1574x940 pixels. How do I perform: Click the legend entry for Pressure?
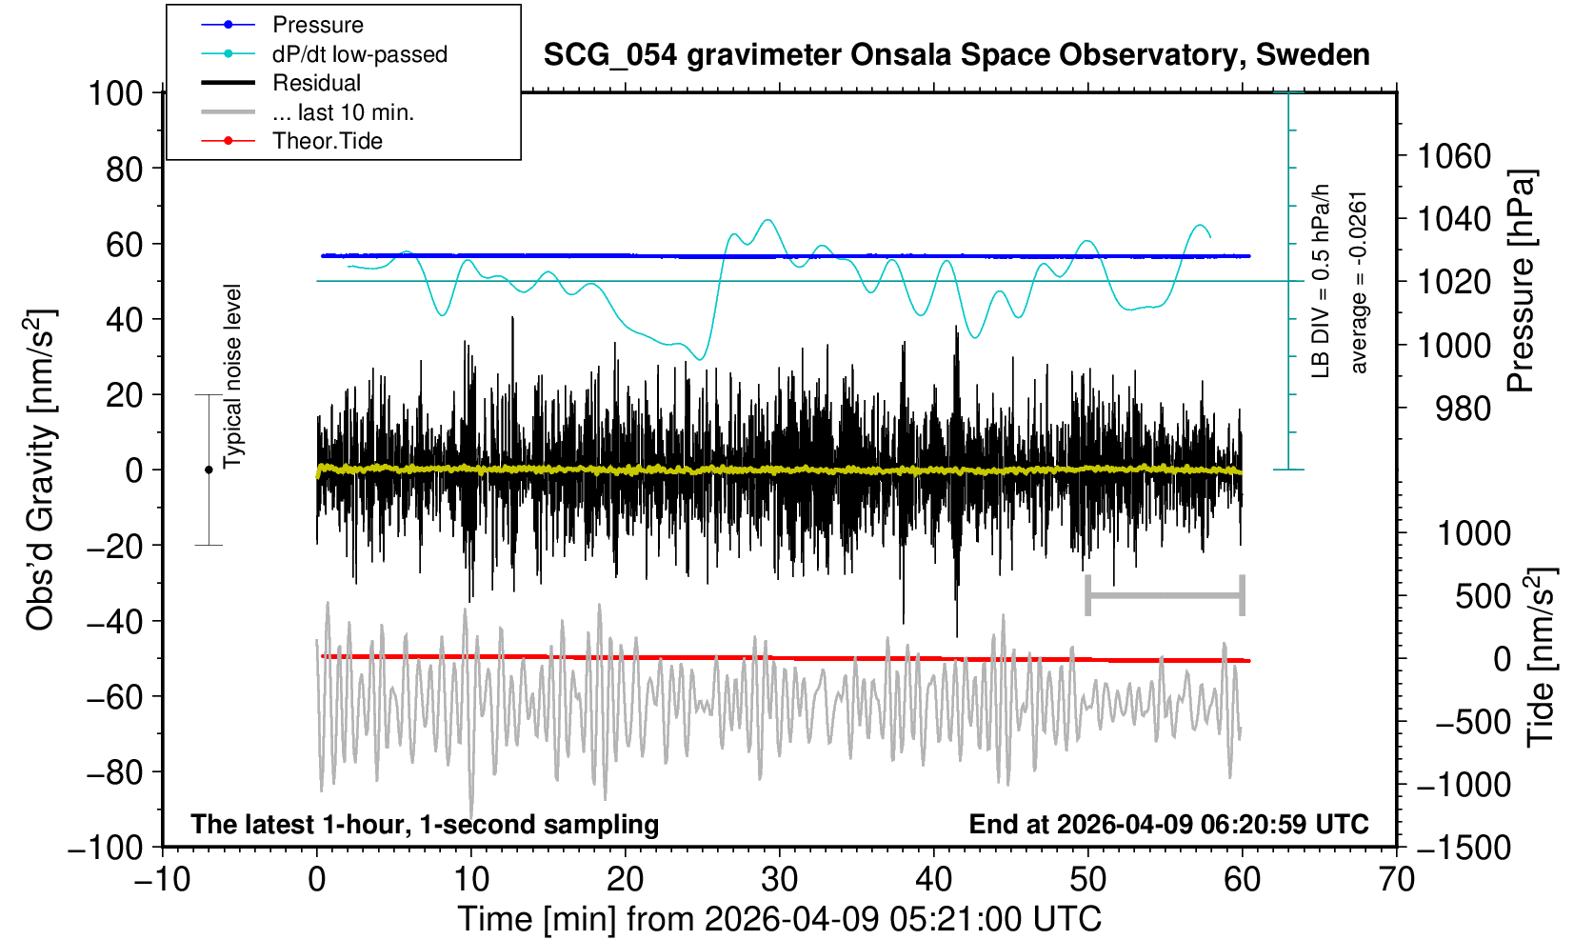click(317, 25)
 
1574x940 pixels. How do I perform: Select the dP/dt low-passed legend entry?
click(359, 54)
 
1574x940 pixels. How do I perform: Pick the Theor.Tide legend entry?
click(327, 141)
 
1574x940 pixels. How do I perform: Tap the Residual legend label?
click(316, 83)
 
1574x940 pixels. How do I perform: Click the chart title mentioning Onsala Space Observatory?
click(956, 55)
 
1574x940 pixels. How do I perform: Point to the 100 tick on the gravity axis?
click(114, 93)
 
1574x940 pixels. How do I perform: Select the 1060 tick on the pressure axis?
click(1453, 155)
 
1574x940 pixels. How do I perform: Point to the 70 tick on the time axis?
click(1397, 878)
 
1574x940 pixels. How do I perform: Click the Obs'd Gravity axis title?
click(40, 470)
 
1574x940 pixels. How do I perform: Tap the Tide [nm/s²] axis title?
click(1541, 657)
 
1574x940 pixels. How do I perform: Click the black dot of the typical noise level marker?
click(209, 470)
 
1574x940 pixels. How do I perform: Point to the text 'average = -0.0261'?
click(1359, 282)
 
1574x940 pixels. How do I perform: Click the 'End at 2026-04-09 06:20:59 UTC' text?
click(1168, 824)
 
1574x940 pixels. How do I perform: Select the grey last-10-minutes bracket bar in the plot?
click(1165, 596)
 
